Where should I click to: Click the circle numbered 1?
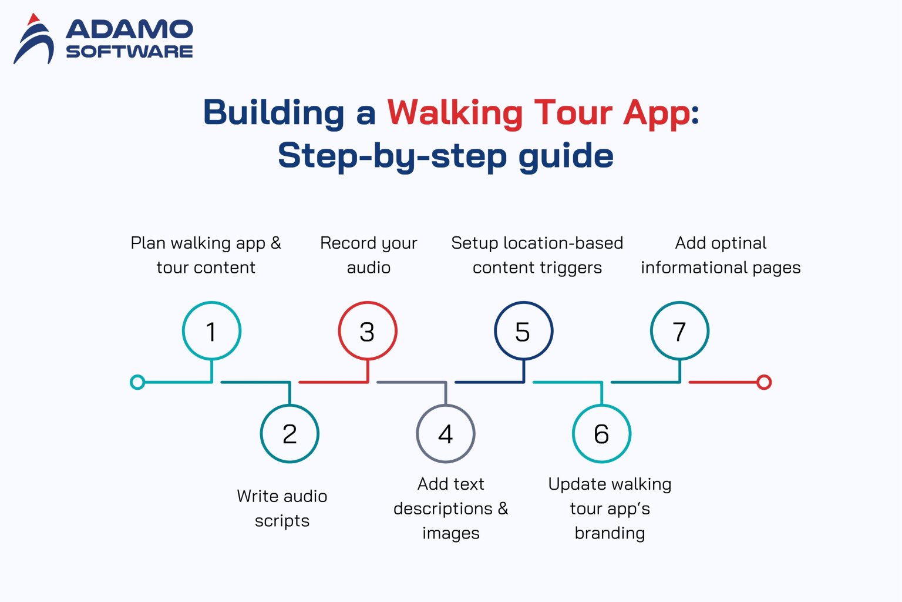click(211, 331)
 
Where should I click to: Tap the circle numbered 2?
click(290, 434)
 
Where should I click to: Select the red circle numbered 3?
click(368, 331)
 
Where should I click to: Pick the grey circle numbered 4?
click(446, 434)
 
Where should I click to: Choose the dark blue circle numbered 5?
click(523, 331)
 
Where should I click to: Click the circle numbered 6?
click(601, 434)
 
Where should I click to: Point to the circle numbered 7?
click(679, 331)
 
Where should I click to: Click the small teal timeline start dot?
click(137, 382)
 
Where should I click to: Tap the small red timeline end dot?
click(763, 382)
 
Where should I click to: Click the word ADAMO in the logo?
click(129, 29)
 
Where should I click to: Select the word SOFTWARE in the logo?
click(129, 52)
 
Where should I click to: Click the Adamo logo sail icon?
click(34, 40)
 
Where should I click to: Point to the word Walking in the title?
click(455, 113)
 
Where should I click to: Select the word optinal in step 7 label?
click(737, 243)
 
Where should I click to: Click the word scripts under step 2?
click(282, 521)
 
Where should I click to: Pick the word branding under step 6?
click(610, 533)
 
